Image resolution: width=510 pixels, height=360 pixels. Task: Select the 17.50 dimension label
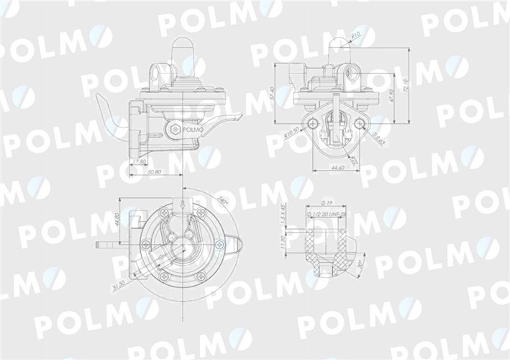click(140, 161)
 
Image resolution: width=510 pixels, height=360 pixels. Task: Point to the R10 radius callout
click(355, 35)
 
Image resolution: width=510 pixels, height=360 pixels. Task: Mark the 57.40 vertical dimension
click(275, 97)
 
